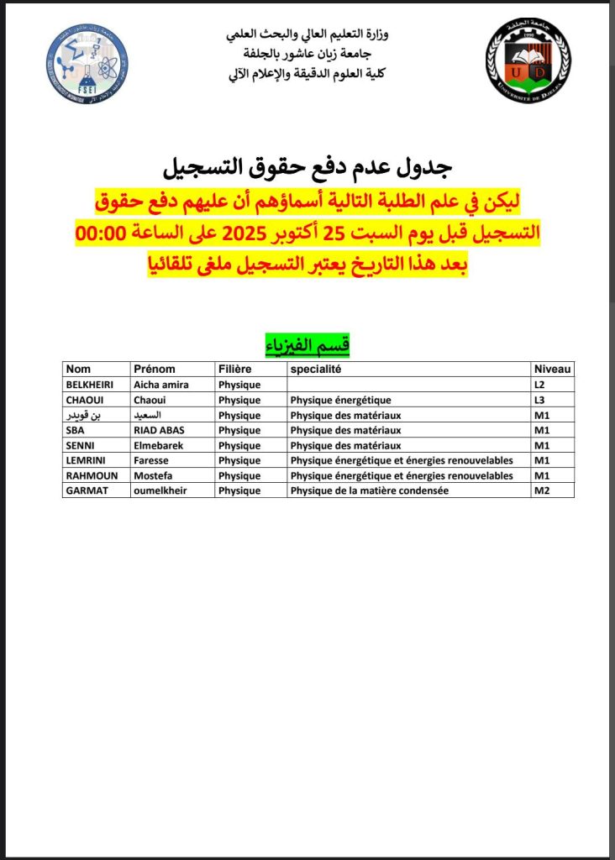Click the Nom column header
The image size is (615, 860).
[78, 369]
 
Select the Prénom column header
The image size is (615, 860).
[154, 369]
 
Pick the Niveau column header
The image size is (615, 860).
[552, 369]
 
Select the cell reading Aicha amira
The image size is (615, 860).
[162, 385]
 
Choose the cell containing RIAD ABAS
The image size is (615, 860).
[160, 430]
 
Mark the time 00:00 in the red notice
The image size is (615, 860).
[100, 233]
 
